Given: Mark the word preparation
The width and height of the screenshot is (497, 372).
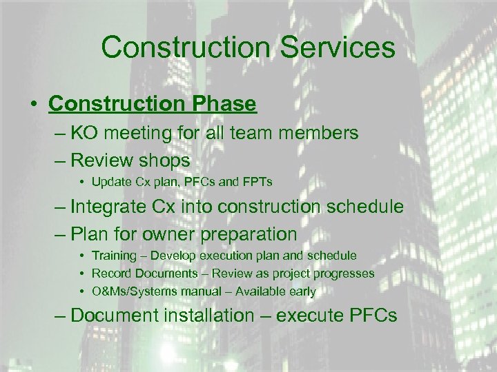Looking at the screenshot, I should pyautogui.click(x=254, y=234).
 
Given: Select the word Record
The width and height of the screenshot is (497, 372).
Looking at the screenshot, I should pyautogui.click(x=110, y=273).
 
